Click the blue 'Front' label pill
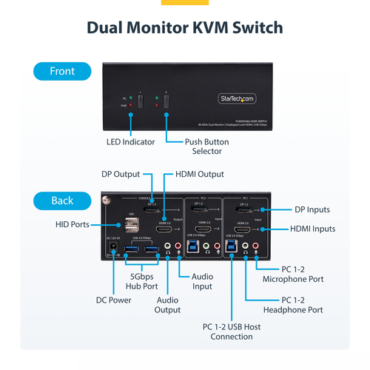pos(61,71)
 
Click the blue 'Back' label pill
pos(61,200)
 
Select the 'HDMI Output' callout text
pos(199,174)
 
